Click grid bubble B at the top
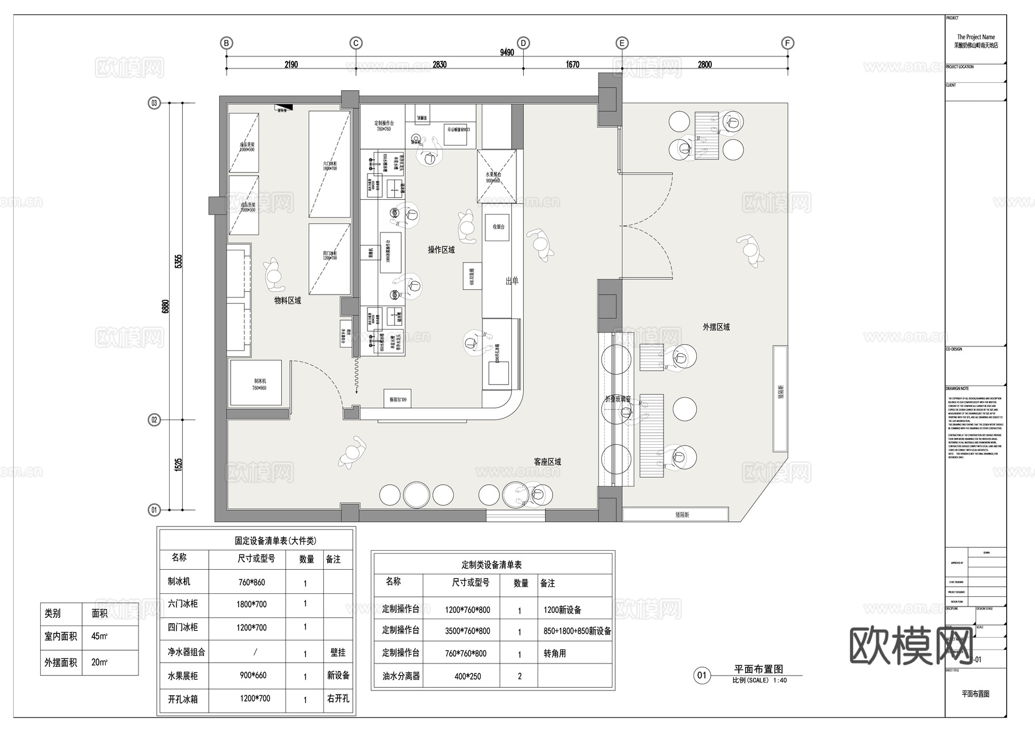227,43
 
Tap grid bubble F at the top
788,43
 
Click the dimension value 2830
439,64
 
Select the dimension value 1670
573,64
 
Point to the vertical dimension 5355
178,261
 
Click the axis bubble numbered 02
154,420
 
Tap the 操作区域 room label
441,250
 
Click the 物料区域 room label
287,300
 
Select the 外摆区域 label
716,327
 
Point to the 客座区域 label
547,462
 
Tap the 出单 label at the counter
512,281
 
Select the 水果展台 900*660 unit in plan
496,176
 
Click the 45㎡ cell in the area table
99,636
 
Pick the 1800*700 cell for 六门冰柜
251,604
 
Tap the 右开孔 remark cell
338,699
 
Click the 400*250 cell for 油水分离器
467,676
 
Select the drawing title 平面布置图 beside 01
758,669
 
